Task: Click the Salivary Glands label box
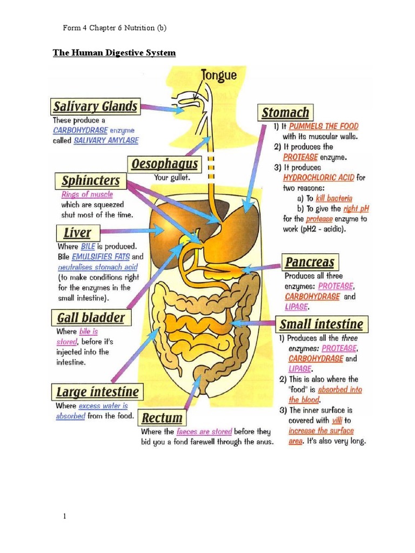click(96, 106)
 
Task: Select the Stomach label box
click(285, 113)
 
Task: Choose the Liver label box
click(77, 233)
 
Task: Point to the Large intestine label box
click(97, 392)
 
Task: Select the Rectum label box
click(162, 418)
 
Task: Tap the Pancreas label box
click(310, 263)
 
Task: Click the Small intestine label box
click(321, 325)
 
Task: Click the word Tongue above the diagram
click(219, 75)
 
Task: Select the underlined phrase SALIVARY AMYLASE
click(106, 140)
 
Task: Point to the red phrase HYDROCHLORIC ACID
click(319, 178)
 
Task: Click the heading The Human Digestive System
click(114, 53)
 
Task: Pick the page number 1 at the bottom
click(65, 517)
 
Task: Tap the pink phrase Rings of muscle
click(87, 194)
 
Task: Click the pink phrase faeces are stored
click(204, 431)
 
